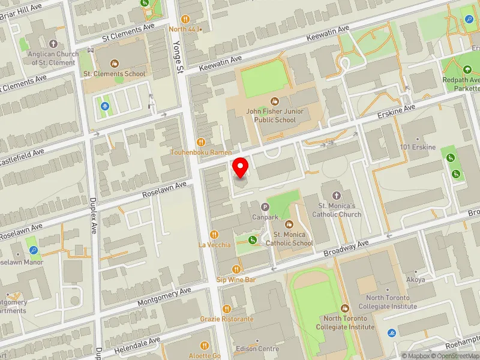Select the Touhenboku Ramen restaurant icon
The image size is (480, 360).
[x=201, y=142]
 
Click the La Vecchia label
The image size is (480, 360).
[x=214, y=245]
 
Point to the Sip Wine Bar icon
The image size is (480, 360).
[x=236, y=269]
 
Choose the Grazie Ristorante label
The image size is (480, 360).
[x=227, y=319]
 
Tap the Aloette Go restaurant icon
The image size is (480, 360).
[x=205, y=346]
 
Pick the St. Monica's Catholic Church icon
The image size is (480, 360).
[x=335, y=196]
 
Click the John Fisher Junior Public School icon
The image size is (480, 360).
[x=275, y=101]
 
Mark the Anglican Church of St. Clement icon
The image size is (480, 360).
[x=53, y=44]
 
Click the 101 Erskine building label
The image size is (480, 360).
[x=418, y=147]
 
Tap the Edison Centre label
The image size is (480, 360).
[x=257, y=349]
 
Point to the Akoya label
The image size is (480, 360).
[x=415, y=280]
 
